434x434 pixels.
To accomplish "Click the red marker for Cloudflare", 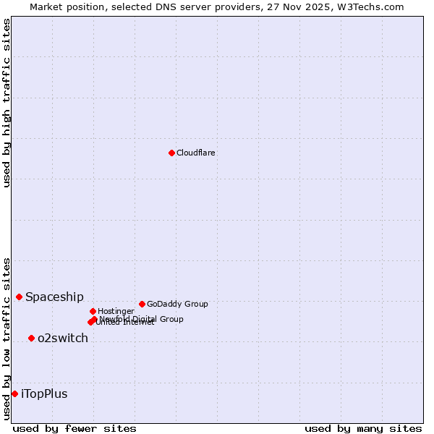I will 171,153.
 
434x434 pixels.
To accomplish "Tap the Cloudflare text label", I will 196,153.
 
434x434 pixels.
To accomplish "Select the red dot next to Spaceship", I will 19,297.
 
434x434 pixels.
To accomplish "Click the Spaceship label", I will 54,297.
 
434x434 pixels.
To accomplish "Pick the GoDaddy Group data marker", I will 142,304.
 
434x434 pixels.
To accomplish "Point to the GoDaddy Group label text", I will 177,305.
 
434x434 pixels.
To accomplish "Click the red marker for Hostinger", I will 93,311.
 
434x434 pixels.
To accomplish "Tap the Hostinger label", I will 116,312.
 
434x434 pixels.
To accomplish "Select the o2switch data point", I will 31,338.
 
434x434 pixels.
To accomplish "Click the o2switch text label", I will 63,339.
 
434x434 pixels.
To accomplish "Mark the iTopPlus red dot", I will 14,393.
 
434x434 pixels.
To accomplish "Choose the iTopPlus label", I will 44,394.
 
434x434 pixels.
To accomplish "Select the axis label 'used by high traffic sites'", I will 7,103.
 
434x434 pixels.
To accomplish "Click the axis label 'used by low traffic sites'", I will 7,339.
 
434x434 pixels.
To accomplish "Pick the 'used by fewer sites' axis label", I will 75,428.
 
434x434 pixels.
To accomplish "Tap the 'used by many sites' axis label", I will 362,428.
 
